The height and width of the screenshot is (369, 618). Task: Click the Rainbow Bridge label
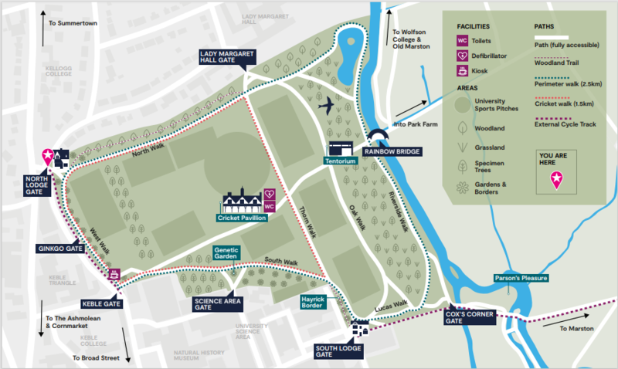(x=392, y=151)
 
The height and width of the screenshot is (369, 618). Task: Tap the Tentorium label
(x=341, y=161)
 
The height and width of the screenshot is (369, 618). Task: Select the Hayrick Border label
(x=314, y=302)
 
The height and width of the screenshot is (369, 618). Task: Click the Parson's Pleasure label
(x=522, y=278)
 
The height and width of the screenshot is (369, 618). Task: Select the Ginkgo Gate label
(x=59, y=249)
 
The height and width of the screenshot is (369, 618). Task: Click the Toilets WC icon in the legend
(x=462, y=39)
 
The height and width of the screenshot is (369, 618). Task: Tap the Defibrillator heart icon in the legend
(x=462, y=56)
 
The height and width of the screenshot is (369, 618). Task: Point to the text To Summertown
(x=72, y=22)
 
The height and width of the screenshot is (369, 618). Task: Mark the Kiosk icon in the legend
(x=462, y=72)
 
